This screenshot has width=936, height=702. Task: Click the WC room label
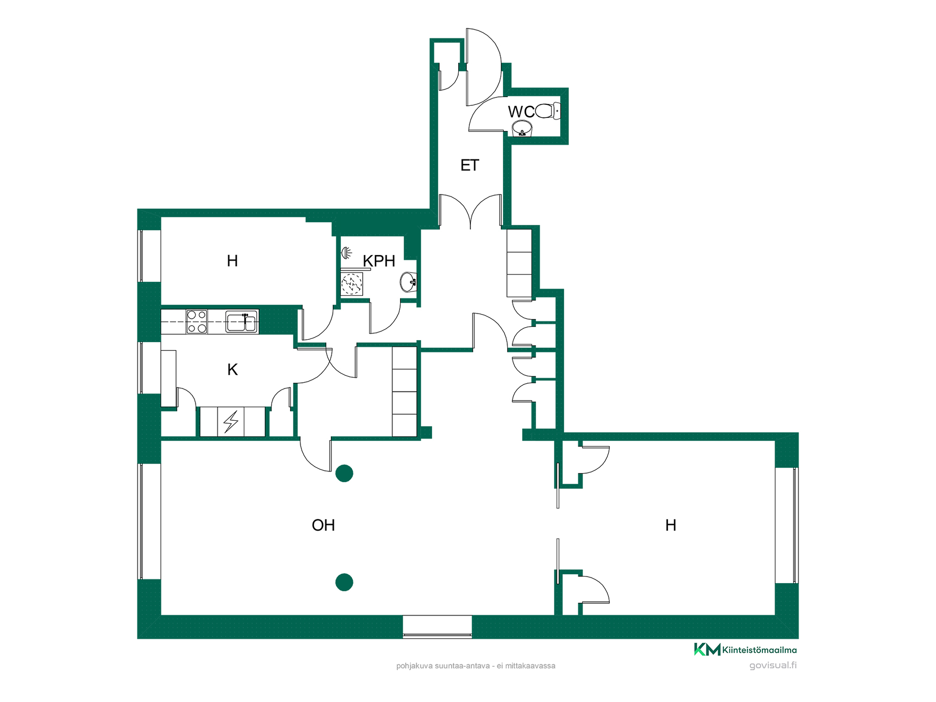pos(521,112)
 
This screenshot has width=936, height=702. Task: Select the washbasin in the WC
pos(522,128)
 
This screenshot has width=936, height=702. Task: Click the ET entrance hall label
pos(470,165)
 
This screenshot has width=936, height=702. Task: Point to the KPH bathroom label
pos(379,261)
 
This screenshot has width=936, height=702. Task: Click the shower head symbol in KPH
pos(346,253)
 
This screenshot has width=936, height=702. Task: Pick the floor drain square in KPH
pos(351,284)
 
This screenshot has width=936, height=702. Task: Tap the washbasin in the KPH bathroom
pos(409,282)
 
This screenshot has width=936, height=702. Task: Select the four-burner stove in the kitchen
pos(197,322)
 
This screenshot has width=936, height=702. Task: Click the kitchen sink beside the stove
pos(241,322)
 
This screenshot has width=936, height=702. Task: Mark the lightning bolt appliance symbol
pos(231,422)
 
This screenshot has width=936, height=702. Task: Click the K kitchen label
pos(233,370)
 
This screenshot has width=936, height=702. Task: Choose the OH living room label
pos(323,525)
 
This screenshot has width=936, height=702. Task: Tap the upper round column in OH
pos(344,473)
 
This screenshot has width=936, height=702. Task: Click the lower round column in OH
pos(344,582)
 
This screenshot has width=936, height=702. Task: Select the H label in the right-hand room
pos(671,525)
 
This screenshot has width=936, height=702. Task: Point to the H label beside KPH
pos(233,261)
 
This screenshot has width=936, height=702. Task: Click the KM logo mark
pos(707,649)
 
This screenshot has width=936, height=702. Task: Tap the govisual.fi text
pos(773,665)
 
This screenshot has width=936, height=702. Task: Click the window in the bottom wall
pos(437,627)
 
